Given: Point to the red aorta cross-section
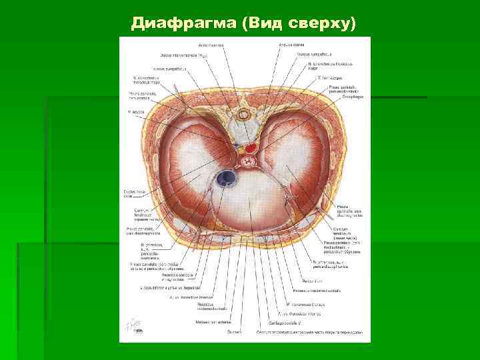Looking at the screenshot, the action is coord(253,146).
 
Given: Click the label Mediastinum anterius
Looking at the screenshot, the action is coord(210,321).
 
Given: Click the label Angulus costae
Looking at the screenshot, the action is coord(289,45).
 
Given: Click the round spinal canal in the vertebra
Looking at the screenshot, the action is coord(241,114).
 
